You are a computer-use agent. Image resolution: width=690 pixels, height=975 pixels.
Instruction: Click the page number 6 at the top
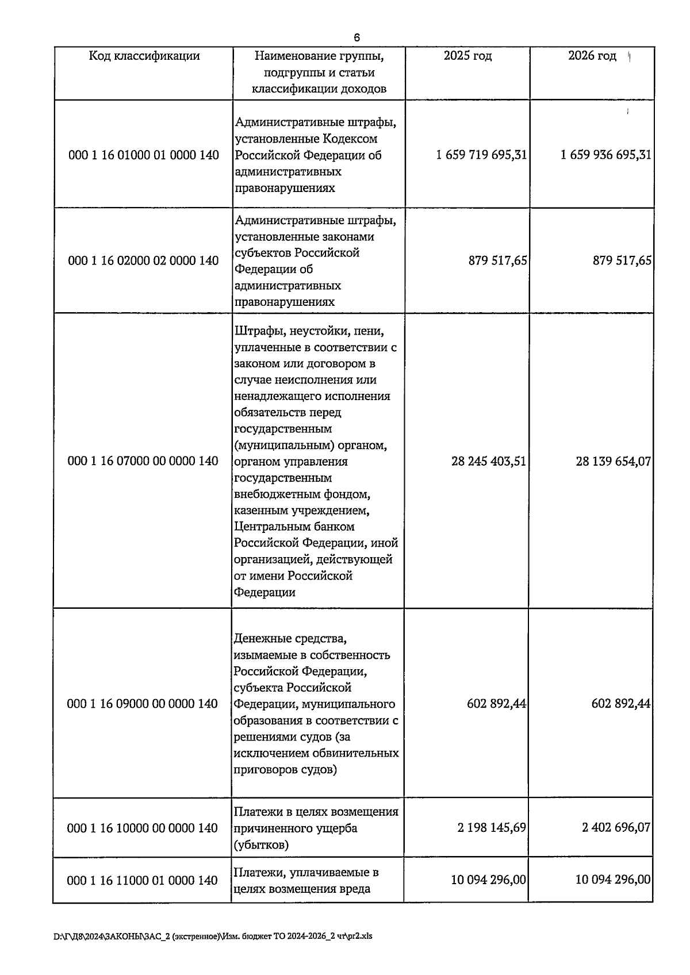click(356, 38)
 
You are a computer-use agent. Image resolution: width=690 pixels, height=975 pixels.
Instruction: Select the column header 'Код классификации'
click(144, 56)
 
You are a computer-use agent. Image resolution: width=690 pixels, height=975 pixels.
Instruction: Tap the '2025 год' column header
click(467, 56)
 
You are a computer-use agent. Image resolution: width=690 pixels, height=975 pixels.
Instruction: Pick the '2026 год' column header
click(592, 56)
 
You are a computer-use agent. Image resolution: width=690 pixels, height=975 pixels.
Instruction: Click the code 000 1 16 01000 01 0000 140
click(144, 155)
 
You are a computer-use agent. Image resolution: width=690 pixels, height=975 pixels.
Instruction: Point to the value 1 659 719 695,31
click(482, 155)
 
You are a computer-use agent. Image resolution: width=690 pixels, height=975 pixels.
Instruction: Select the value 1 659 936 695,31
click(606, 155)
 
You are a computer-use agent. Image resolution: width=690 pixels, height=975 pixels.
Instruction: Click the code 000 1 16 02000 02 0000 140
click(144, 261)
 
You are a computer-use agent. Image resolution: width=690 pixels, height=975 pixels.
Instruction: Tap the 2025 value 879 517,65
click(498, 261)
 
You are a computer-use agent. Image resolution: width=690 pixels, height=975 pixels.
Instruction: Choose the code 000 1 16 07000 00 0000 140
click(143, 461)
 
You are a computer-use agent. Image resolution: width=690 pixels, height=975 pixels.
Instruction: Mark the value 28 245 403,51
click(489, 461)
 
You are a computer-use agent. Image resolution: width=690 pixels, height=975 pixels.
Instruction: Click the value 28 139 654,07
click(614, 461)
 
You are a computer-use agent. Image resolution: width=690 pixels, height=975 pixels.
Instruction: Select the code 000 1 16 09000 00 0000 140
click(143, 704)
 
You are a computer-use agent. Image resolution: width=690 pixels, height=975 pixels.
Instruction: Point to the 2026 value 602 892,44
click(621, 704)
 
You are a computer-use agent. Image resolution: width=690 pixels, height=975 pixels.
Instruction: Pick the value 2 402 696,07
click(616, 828)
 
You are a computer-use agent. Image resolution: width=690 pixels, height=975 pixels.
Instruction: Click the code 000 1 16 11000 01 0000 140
click(143, 881)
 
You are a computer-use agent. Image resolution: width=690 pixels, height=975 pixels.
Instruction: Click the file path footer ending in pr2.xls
click(213, 936)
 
